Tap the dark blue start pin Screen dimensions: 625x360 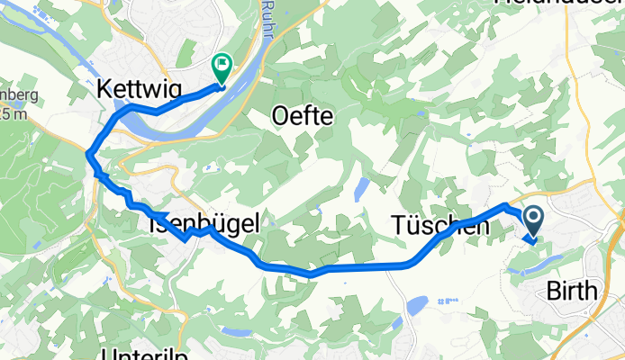tap(531, 220)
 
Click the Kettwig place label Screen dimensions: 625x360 tap(139, 88)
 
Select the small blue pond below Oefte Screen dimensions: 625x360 tap(362, 188)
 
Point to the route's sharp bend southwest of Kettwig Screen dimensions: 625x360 tap(89, 156)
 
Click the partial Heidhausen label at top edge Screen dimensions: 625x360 tap(558, 4)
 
